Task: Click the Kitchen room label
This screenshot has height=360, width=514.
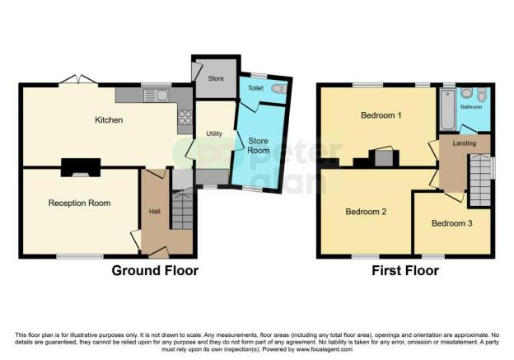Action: [109, 120]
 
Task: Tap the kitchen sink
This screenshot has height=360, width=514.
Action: [157, 96]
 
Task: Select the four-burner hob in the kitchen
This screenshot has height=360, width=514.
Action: [185, 117]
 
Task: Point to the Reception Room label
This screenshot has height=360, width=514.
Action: [79, 203]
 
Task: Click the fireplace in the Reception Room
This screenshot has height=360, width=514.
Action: [81, 167]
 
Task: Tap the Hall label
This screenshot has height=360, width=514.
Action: [155, 212]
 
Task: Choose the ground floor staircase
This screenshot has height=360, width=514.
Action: [182, 210]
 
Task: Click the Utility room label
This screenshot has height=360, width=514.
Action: [214, 133]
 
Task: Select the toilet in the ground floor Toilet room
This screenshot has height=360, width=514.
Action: [279, 88]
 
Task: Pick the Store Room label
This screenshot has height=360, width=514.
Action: [259, 146]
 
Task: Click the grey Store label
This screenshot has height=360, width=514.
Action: [216, 78]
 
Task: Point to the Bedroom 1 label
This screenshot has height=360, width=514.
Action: [381, 115]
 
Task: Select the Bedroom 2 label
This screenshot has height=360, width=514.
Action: [366, 212]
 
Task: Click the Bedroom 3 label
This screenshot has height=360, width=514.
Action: [451, 223]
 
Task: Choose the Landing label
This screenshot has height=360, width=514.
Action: [465, 143]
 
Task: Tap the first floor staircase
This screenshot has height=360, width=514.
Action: [480, 180]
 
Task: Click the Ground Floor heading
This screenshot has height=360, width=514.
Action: [155, 271]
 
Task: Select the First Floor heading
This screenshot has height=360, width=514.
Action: [405, 271]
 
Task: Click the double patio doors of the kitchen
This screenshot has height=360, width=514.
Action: [78, 81]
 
